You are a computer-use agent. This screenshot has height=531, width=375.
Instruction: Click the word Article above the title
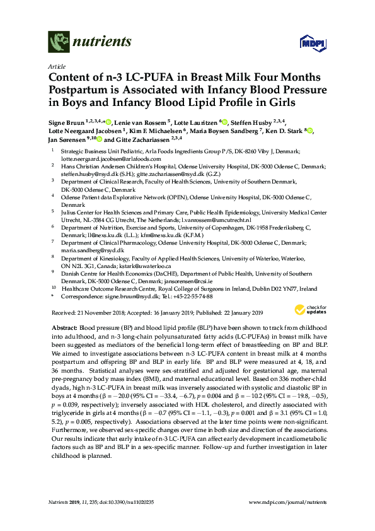[55, 66]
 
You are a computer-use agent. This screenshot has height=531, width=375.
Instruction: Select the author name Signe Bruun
[66, 122]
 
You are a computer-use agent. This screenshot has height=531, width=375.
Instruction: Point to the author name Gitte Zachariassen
[140, 139]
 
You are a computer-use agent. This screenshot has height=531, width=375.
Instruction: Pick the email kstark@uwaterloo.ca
[145, 265]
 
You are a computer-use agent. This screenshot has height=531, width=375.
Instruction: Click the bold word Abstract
[62, 329]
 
